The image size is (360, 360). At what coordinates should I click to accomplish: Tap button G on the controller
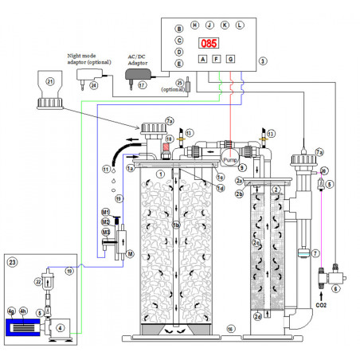(x=231, y=60)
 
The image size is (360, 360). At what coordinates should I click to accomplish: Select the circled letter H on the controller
(x=195, y=25)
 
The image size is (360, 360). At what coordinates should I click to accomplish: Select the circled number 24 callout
(x=93, y=85)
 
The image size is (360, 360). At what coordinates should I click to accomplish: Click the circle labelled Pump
(x=230, y=158)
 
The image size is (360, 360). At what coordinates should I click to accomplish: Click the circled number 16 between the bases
(x=229, y=328)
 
